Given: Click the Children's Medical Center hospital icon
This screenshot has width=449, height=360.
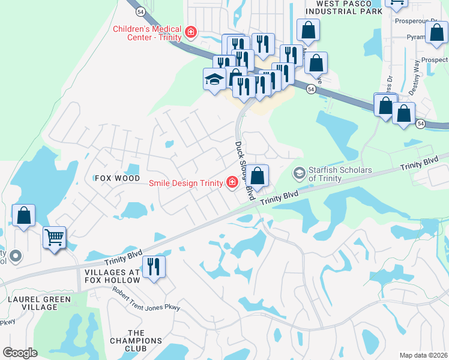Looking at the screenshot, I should coord(191,32).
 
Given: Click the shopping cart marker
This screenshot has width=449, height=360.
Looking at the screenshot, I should coord(54,237).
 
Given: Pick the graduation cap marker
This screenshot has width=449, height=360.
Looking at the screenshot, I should coord(214,80).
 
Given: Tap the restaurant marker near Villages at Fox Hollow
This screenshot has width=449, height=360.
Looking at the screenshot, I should coord(154,266).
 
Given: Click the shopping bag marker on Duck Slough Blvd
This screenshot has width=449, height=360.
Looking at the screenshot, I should coord(258,176).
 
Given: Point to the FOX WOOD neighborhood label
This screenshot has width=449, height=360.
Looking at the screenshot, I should coord(116,178).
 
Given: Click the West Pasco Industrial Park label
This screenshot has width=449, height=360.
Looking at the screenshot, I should coord(343,7).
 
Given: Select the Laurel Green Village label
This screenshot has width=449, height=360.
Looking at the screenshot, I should coord(39,303).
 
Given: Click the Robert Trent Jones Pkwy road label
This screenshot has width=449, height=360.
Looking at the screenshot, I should coord(146,298).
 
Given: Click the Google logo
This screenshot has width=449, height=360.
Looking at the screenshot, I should coord(20,353).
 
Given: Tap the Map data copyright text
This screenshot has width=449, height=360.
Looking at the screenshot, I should coord(424,355).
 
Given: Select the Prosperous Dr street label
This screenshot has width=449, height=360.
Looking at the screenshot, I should coord(417,21).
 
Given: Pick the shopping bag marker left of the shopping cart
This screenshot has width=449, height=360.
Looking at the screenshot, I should coord(23,216).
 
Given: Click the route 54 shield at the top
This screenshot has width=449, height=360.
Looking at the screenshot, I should coord(139,11).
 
